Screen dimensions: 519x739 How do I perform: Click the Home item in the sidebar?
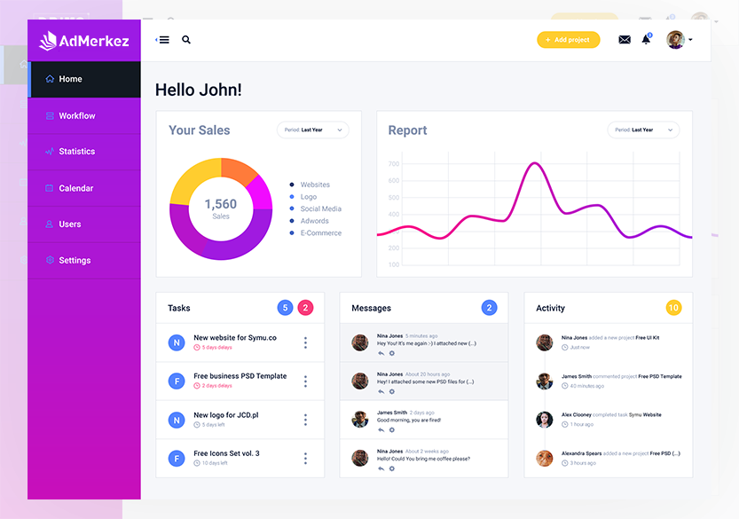[70, 79]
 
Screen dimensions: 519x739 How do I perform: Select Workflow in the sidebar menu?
[76, 115]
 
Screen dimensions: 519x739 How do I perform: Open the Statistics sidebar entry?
[76, 152]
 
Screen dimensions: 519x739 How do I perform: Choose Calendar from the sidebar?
[75, 188]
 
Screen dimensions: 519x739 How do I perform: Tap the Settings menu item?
[75, 261]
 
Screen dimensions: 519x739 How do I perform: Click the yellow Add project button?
[568, 40]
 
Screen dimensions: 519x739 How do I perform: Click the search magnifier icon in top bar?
[186, 40]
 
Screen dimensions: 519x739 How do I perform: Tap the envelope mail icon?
[625, 40]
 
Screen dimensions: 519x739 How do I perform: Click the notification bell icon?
[646, 40]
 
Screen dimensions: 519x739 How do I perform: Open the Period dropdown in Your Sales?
[312, 130]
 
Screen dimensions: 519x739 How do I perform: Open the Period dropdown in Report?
[643, 130]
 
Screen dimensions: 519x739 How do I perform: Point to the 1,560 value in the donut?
[221, 205]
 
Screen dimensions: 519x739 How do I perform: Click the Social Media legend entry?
[320, 209]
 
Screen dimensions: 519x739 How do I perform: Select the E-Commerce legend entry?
[320, 233]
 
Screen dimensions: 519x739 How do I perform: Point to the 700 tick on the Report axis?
[394, 164]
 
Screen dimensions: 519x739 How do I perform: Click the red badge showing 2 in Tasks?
[305, 308]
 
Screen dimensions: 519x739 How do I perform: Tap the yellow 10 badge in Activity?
[673, 308]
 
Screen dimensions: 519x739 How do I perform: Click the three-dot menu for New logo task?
[305, 420]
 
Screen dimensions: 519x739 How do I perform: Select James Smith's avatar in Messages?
[360, 420]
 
